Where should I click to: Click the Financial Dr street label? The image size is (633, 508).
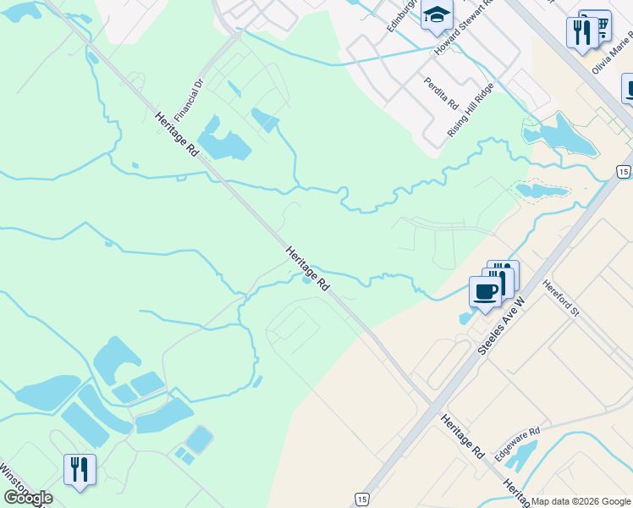189,100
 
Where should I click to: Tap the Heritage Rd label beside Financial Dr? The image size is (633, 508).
177,135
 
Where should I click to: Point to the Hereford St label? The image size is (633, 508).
560,299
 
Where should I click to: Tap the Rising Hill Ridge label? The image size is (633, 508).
471,110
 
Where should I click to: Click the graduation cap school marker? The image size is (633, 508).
438,15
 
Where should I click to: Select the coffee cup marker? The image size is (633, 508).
486,292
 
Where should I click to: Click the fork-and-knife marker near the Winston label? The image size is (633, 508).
80,469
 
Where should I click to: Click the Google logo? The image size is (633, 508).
28,497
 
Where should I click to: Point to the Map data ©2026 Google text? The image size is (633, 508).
581,501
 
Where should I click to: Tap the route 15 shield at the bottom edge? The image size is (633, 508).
362,499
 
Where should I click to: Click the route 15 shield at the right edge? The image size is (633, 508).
623,172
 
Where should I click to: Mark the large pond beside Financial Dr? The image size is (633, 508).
222,144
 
